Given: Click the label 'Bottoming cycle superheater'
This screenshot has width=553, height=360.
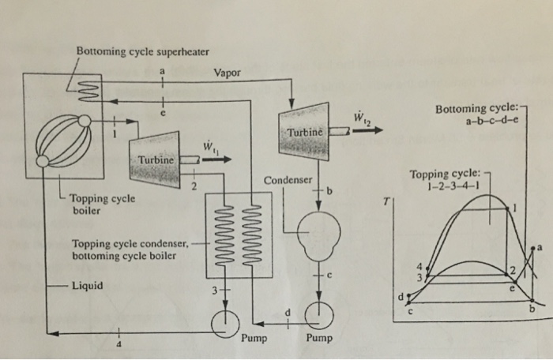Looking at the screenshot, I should point(142,52).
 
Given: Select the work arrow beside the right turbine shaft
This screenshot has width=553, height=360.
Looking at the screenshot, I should point(370,132).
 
